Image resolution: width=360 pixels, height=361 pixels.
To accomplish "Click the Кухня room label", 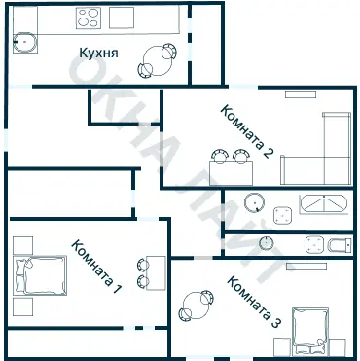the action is pyautogui.click(x=98, y=53).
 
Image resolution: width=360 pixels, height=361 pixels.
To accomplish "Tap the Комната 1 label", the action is pyautogui.click(x=96, y=267).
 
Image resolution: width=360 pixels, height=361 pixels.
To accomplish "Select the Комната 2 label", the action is pyautogui.click(x=246, y=131).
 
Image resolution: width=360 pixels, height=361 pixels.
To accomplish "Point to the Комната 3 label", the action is pyautogui.click(x=254, y=302).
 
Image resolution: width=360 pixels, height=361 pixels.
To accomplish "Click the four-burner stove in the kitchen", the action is pyautogui.click(x=89, y=18).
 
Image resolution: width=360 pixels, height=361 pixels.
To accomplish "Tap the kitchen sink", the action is pyautogui.click(x=25, y=42).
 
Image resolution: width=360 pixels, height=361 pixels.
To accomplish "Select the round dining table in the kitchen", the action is pyautogui.click(x=158, y=61).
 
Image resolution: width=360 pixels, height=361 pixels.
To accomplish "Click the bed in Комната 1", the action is pyautogui.click(x=40, y=275).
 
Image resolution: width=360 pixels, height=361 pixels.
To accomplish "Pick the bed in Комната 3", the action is pyautogui.click(x=310, y=331).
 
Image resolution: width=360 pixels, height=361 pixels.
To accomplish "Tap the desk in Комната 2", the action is pyautogui.click(x=231, y=172).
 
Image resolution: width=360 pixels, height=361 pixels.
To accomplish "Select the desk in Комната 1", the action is pyautogui.click(x=156, y=273).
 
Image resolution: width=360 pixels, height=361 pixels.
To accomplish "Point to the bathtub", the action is pyautogui.click(x=323, y=204).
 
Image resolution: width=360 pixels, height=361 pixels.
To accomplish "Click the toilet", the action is pyautogui.click(x=340, y=245).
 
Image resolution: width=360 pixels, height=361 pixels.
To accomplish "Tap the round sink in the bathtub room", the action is pyautogui.click(x=255, y=202).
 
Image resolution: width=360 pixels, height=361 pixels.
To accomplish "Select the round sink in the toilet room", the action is pyautogui.click(x=266, y=243).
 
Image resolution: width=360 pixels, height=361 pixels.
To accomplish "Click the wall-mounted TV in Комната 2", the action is pyautogui.click(x=301, y=94).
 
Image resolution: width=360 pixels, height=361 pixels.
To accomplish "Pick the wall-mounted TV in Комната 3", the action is pyautogui.click(x=306, y=266).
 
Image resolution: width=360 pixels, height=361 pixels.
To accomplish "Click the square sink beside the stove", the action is pyautogui.click(x=122, y=18).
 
